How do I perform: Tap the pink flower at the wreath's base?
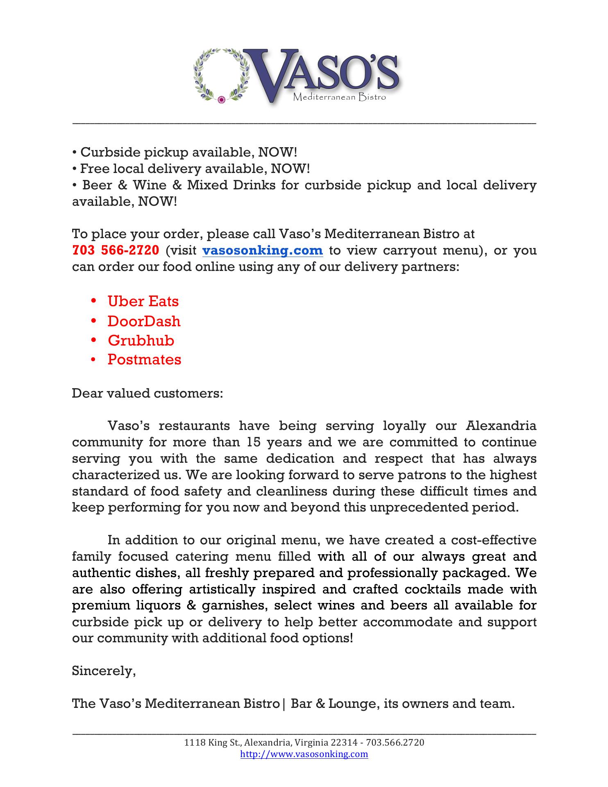pyautogui.click(x=221, y=99)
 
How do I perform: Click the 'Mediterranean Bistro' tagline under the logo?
pyautogui.click(x=339, y=98)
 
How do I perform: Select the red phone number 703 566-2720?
pyautogui.click(x=116, y=250)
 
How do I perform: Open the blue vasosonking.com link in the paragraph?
pyautogui.click(x=263, y=250)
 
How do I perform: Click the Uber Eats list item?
pyautogui.click(x=143, y=301)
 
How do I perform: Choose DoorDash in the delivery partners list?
pyautogui.click(x=144, y=321)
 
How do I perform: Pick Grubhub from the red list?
pyautogui.click(x=141, y=340)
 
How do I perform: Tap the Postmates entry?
pyautogui.click(x=144, y=359)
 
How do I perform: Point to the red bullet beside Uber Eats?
pyautogui.click(x=94, y=301)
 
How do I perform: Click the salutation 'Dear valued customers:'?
pyautogui.click(x=147, y=393)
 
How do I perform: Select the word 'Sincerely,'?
pyautogui.click(x=104, y=671)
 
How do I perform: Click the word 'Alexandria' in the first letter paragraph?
pyautogui.click(x=501, y=426)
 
